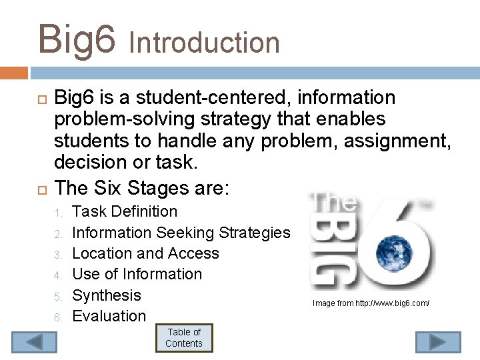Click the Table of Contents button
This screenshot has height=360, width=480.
click(x=184, y=338)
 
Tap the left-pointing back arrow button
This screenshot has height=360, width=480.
click(x=35, y=342)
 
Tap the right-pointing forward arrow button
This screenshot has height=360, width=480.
click(x=437, y=342)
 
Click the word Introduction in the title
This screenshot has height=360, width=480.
click(x=204, y=43)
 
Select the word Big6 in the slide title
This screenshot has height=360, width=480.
click(x=76, y=38)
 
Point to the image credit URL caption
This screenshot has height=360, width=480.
click(x=371, y=303)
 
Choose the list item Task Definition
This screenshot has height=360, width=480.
click(x=125, y=212)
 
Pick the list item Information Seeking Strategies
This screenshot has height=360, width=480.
click(x=181, y=233)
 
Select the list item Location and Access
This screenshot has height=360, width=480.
click(x=145, y=253)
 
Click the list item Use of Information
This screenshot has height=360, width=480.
click(x=137, y=274)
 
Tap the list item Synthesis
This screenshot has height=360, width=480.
click(x=107, y=295)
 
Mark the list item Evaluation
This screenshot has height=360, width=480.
click(x=109, y=316)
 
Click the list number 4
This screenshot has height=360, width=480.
click(x=58, y=275)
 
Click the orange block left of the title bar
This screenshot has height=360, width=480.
click(x=14, y=72)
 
